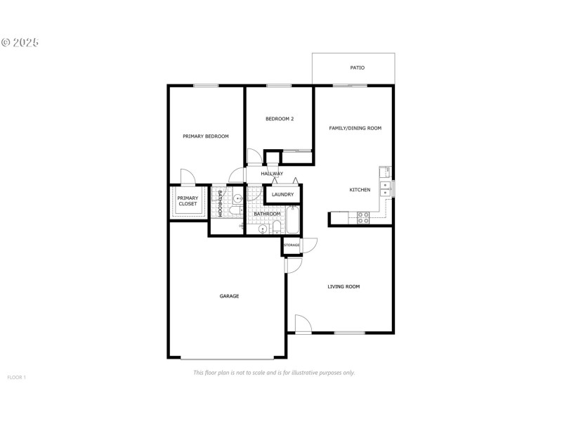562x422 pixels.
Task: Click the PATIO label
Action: pos(357,68)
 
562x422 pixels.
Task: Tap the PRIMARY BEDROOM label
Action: pos(206,136)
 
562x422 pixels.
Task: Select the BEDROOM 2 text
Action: pos(279,119)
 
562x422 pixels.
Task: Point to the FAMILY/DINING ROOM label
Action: pos(355,128)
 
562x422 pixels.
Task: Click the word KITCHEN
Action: pos(360,191)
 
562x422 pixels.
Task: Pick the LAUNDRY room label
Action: pos(282,195)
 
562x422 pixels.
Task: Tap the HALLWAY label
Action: pos(272,174)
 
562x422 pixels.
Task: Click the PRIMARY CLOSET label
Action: pos(188,201)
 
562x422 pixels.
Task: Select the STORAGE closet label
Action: pos(292,245)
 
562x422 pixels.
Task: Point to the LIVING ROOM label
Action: pos(344,286)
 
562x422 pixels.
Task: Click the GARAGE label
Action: pos(229,296)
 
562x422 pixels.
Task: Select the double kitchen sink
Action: pos(385,188)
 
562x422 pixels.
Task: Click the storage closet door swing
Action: pos(309,245)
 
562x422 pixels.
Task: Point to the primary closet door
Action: pos(188,177)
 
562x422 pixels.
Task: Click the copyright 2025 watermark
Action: pos(20,42)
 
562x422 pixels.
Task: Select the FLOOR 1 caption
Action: pos(16,378)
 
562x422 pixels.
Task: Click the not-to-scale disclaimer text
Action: pos(273,373)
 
